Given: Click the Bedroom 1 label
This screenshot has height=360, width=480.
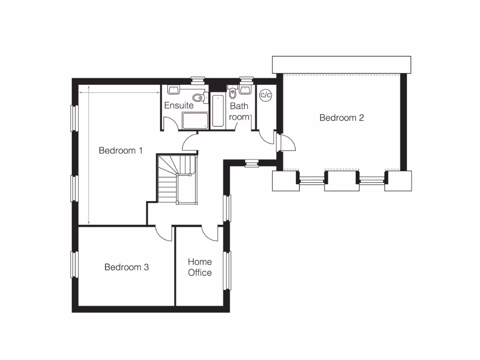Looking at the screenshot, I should [x=120, y=150].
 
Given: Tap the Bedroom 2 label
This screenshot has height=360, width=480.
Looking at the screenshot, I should [x=342, y=118].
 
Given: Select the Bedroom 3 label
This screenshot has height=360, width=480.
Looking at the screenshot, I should [x=127, y=267].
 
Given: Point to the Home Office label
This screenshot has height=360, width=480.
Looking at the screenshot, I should [x=200, y=267].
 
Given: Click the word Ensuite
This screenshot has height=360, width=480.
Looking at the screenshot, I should [x=179, y=105].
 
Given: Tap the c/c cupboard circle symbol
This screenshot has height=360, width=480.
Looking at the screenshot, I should [x=266, y=95].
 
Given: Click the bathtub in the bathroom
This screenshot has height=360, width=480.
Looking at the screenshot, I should [x=218, y=110].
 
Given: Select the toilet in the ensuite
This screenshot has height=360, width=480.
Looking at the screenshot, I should [x=201, y=97].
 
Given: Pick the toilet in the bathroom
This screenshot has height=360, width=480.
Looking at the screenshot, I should [x=233, y=93].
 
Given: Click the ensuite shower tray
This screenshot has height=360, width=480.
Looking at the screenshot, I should [x=195, y=120].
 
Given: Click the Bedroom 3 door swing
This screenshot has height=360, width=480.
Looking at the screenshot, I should [x=164, y=233].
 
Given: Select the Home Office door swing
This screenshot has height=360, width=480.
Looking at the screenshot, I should [x=210, y=233].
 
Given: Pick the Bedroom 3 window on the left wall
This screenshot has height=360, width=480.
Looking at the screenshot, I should [x=74, y=264].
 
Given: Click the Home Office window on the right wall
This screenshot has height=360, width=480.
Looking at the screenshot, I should [x=228, y=270].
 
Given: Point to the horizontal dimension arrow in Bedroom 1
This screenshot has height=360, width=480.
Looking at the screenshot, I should [x=120, y=93].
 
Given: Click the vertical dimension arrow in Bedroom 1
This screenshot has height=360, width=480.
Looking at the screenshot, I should [x=89, y=155].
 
